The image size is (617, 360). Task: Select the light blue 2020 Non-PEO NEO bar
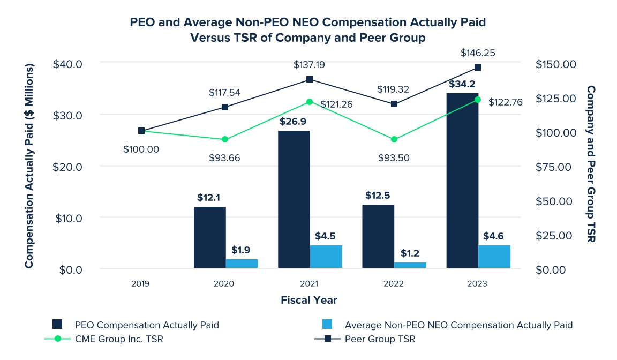(x=242, y=264)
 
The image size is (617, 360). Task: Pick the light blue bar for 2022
(x=410, y=266)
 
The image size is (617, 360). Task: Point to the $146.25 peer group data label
(x=478, y=54)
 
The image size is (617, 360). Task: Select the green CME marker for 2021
(x=309, y=102)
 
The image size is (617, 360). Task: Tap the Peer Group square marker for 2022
(x=394, y=104)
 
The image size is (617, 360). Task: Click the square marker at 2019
(x=141, y=131)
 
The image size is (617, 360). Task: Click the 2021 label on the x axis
(x=308, y=284)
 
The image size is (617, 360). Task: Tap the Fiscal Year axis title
(x=309, y=300)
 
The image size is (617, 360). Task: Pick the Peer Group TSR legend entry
(x=380, y=339)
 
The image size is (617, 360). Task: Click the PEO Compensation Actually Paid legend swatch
(x=58, y=325)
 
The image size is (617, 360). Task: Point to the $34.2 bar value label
(x=462, y=84)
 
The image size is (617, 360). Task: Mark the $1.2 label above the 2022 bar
(x=410, y=253)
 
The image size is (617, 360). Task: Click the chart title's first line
(x=308, y=22)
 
